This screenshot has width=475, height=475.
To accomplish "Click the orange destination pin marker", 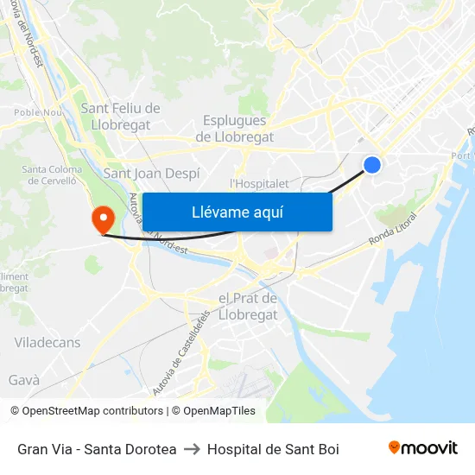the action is pyautogui.click(x=102, y=218).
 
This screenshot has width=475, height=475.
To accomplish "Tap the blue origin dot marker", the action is pyautogui.click(x=372, y=164).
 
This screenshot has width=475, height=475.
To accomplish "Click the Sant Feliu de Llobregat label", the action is pyautogui.click(x=120, y=116).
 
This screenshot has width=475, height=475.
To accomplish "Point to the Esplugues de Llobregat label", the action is pyautogui.click(x=235, y=129).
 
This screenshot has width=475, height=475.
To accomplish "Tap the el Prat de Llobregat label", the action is pyautogui.click(x=248, y=307).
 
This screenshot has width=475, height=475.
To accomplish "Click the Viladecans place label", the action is pyautogui.click(x=47, y=343).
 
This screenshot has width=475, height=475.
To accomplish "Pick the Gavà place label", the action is pyautogui.click(x=24, y=380).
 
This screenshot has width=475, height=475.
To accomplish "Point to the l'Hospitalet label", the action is pyautogui.click(x=259, y=183).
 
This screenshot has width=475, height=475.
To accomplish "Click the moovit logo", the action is pyautogui.click(x=423, y=448).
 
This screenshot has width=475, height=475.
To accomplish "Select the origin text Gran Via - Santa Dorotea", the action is pyautogui.click(x=97, y=449).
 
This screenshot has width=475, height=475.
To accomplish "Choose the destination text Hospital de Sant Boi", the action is pyautogui.click(x=273, y=449).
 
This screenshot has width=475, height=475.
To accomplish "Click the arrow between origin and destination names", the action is pyautogui.click(x=192, y=449).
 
